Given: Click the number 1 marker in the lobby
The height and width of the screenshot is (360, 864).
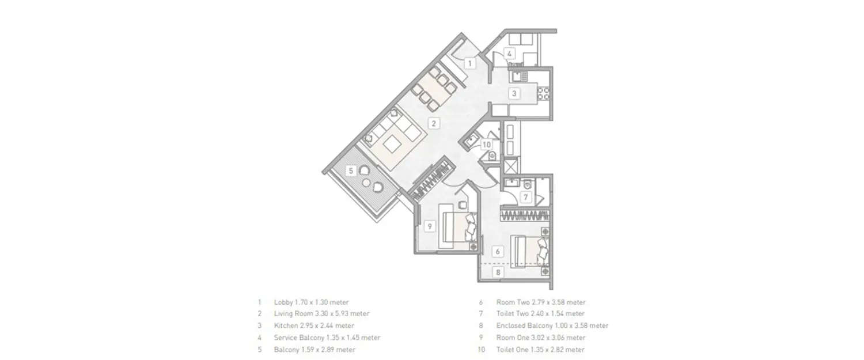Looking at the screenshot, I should click(x=469, y=63).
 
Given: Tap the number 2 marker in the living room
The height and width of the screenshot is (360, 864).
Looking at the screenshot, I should click(x=434, y=123).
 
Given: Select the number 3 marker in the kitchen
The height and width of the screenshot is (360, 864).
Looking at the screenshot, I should click(x=514, y=93).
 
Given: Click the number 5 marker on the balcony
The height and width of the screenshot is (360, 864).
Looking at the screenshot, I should click(x=351, y=170).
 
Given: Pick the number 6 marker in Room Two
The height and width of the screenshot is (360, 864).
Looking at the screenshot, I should click(x=497, y=251).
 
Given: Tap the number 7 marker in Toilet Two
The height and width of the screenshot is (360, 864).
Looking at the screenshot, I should click(x=525, y=198).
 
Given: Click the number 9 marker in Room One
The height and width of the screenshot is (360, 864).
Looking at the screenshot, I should click(x=429, y=226).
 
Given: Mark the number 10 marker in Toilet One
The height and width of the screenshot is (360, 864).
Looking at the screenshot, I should click(x=487, y=145).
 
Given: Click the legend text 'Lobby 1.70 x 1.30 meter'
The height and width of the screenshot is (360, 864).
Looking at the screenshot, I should click(x=311, y=302).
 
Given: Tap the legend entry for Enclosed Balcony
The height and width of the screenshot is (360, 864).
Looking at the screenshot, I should click(x=552, y=325).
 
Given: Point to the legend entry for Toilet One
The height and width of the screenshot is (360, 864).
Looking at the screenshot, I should click(x=540, y=350).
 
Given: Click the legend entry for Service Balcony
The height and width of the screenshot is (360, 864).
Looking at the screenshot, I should click(x=327, y=338).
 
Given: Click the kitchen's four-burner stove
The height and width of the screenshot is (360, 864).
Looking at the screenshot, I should click(x=543, y=93).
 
